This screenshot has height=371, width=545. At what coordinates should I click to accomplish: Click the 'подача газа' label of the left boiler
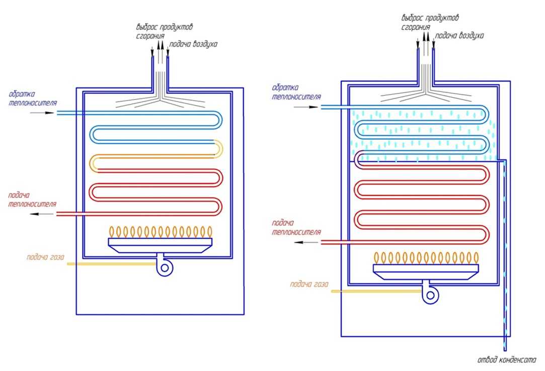tap(45, 257)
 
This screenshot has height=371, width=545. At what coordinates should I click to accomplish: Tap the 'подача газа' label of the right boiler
tap(309, 285)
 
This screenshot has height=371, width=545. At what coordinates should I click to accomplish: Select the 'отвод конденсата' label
tap(507, 360)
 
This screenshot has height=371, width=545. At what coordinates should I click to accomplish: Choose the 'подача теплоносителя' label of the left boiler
tap(32, 200)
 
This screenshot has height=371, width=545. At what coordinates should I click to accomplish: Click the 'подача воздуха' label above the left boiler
tap(193, 44)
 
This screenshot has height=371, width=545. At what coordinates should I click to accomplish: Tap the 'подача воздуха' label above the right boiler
tap(459, 36)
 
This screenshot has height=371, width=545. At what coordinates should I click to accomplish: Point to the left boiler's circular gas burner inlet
tap(164, 267)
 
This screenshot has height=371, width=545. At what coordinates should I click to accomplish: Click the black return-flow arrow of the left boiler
tap(43, 113)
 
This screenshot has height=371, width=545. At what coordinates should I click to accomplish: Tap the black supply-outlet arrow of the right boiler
tap(306, 242)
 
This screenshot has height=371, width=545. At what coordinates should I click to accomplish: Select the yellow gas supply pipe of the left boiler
tap(111, 263)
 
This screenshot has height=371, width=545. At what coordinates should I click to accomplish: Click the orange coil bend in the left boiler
tap(219, 148)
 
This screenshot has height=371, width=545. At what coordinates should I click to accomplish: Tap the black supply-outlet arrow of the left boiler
tap(43, 214)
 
